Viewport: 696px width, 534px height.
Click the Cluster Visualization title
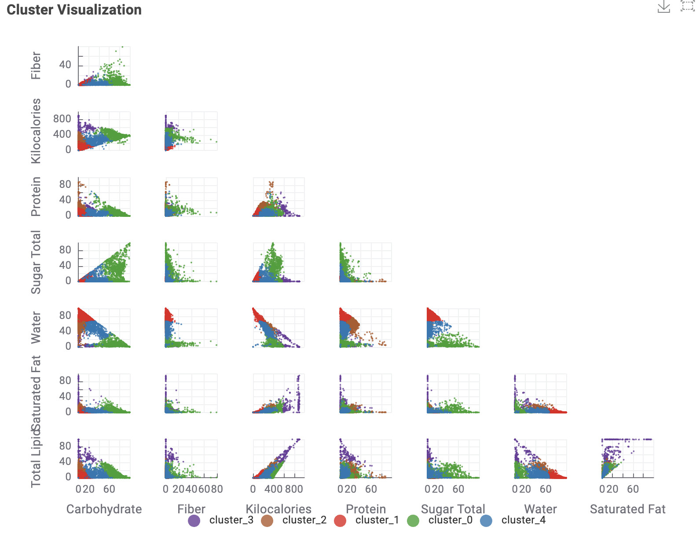coord(74,10)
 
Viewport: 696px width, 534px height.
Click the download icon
coord(663,7)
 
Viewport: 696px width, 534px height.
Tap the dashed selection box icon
coord(687,6)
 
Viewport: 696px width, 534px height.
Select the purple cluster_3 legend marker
coord(194,521)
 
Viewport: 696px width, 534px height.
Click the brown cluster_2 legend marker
coord(267,521)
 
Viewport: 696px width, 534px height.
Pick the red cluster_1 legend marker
coord(340,521)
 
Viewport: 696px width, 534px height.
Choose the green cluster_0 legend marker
coord(413,521)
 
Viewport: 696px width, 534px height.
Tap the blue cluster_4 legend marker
coord(486,521)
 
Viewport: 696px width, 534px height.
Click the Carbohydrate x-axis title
coord(104,509)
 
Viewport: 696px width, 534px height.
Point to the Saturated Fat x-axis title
coord(627,509)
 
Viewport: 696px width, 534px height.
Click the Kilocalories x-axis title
coord(278,509)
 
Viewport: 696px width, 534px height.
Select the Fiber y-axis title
coord(36,66)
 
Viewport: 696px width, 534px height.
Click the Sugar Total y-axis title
coord(36,262)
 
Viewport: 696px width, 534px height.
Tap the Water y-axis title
coord(36,328)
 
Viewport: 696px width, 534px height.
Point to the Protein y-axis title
coord(36,197)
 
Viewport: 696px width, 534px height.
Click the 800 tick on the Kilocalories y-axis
coord(62,119)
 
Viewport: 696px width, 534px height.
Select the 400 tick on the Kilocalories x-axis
coord(273,489)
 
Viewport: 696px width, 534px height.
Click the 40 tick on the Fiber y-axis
coord(65,65)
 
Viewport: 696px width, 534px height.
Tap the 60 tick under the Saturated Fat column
coord(633,489)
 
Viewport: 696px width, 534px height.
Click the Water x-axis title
coord(540,509)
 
